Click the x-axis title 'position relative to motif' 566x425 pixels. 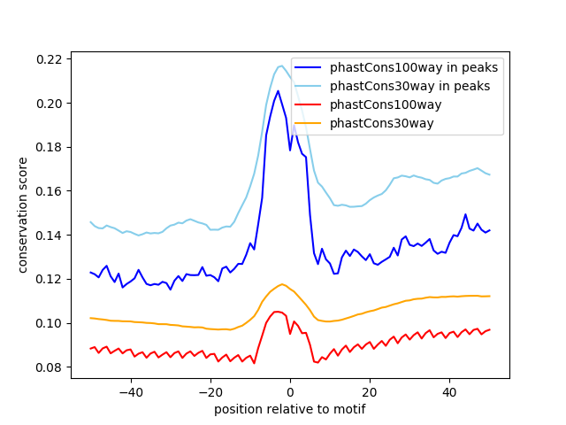289,409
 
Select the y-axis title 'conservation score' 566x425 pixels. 24,215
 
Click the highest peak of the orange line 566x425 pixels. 282,284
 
